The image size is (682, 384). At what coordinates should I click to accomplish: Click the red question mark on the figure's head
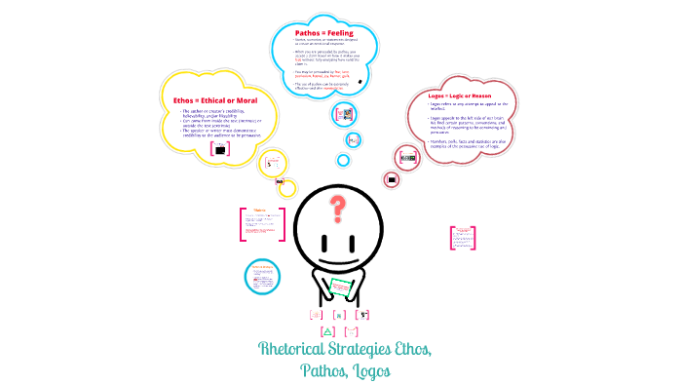click(338, 207)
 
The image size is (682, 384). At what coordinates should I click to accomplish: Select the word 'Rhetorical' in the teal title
click(295, 349)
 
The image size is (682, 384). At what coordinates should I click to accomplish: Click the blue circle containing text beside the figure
click(262, 274)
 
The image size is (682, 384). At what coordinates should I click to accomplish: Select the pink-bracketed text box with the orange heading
click(260, 223)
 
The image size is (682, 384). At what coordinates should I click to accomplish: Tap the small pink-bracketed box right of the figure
click(456, 236)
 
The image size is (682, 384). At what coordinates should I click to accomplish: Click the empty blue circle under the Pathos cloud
click(342, 160)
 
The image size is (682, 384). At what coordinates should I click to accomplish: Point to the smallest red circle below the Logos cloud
click(391, 179)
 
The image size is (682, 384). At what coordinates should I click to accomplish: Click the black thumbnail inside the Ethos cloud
click(220, 149)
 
